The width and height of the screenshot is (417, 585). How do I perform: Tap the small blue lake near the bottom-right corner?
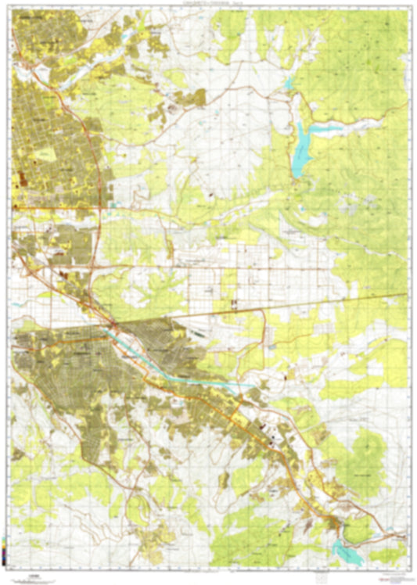point(344,551)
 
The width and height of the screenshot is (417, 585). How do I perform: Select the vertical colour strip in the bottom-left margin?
point(6,551)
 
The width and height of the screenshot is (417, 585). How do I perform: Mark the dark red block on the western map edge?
point(17,181)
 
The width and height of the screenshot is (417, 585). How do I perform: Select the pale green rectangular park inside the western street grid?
point(43,154)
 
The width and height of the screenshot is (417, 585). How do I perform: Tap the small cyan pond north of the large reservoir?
point(289,84)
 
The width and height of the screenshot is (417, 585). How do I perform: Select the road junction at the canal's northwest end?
point(113,325)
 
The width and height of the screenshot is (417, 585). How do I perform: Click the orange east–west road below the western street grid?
point(55,208)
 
